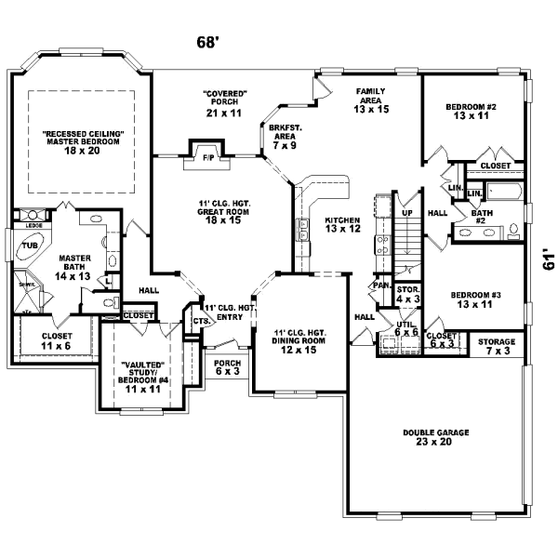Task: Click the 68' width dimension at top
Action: point(207,42)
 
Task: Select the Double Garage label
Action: point(435,437)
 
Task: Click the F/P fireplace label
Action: point(208,158)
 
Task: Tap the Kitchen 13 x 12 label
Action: point(341,224)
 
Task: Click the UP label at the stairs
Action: point(406,213)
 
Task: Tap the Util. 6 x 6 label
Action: point(406,327)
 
